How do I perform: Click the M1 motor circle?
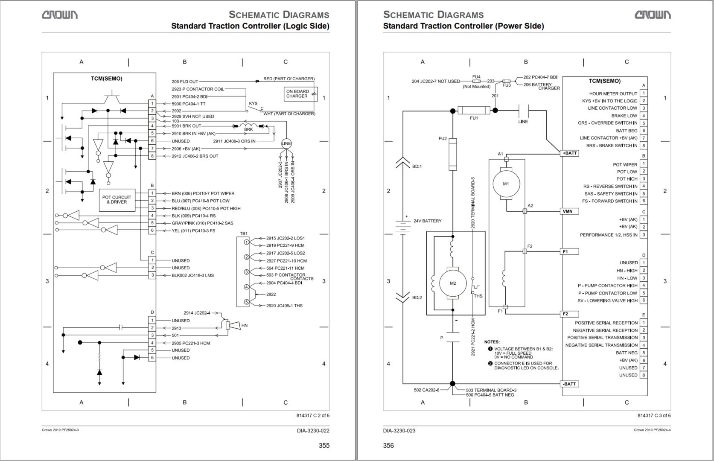click(506, 184)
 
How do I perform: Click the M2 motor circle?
click(453, 283)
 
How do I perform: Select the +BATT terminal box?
click(569, 153)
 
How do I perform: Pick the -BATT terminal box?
click(569, 384)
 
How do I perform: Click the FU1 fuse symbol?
click(474, 111)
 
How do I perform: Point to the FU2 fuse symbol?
click(453, 154)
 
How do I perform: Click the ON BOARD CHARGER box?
click(297, 94)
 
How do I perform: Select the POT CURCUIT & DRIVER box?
click(117, 200)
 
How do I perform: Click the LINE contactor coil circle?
click(286, 143)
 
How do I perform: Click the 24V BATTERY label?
click(427, 221)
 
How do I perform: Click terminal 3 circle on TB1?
click(246, 272)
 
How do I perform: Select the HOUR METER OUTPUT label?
click(613, 93)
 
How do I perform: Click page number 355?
click(324, 445)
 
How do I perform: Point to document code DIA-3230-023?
click(399, 430)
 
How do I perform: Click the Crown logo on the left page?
click(59, 15)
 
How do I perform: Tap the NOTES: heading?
click(492, 342)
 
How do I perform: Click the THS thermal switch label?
click(478, 296)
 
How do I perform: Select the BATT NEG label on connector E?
click(627, 353)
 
